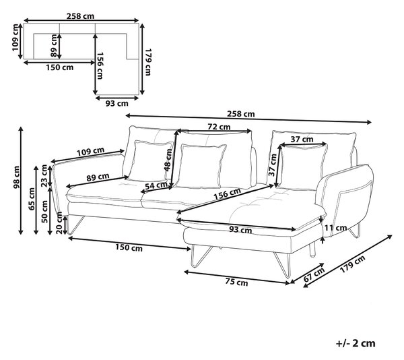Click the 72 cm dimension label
pos(219,127)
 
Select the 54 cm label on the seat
pos(156,185)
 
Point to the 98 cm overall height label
pos(16,177)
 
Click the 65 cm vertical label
pos(32,199)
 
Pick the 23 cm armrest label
pos(44,175)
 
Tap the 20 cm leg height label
pos(60,222)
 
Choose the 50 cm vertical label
pos(44,212)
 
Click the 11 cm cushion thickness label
pos(335,228)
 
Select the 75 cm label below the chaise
pos(236,282)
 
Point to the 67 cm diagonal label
pos(314,275)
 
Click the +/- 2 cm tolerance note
pos(356,343)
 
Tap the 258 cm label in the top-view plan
pos(80,16)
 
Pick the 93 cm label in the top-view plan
pos(116,103)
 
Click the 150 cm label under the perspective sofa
pos(129,247)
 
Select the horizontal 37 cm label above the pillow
pos(302,140)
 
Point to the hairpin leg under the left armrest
pos(75,225)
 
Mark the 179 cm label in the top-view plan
pos(147,62)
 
